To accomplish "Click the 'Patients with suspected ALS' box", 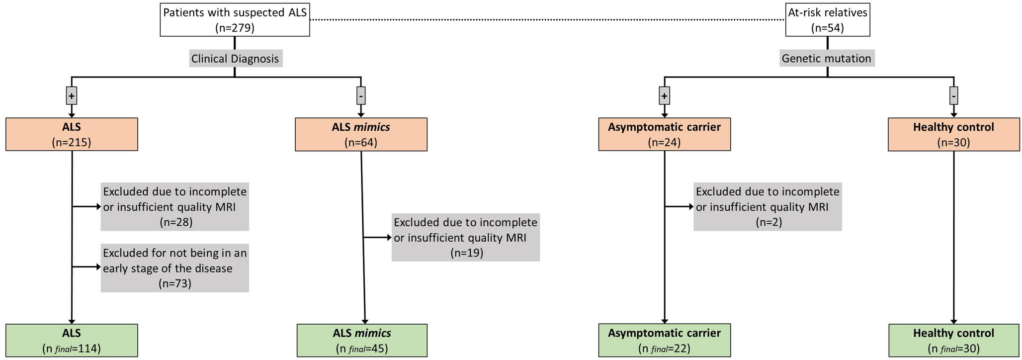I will (235, 20).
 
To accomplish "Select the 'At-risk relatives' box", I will (827, 20).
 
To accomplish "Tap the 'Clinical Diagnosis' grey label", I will (235, 59).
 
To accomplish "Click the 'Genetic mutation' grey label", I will (826, 59).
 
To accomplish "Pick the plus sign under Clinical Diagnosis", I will (72, 95).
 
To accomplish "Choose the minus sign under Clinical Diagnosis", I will (361, 95).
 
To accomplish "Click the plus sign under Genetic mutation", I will (664, 95).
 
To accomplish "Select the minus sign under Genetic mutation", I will (953, 95).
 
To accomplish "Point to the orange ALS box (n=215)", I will (72, 134).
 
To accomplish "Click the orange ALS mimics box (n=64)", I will (361, 134).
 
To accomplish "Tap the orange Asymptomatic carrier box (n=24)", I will (664, 134).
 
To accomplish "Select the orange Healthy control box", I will (953, 134).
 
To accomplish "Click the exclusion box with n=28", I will (174, 206).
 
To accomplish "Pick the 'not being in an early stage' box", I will (174, 268).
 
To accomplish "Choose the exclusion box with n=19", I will (465, 237).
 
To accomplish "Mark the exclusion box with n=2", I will (767, 206).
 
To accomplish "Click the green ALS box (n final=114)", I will (72, 340).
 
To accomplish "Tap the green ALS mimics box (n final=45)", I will (362, 340).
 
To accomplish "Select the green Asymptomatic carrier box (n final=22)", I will (664, 340).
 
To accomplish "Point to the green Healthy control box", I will (953, 340).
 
